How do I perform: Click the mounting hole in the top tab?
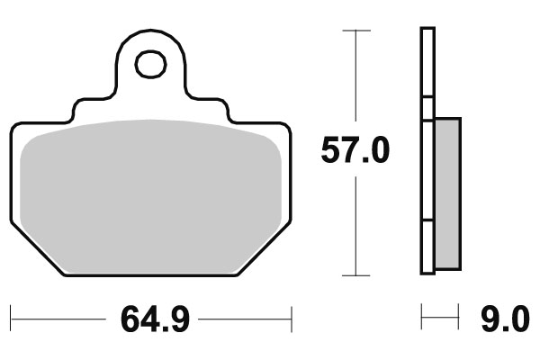coord(151,65)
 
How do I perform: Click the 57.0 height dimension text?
coord(355,150)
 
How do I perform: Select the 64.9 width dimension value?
coord(153,319)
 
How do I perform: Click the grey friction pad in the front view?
coord(151,189)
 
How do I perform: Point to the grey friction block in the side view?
coord(446,193)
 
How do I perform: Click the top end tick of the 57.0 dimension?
coord(356,31)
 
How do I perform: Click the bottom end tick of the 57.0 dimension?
coord(356,274)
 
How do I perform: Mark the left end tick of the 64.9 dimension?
coord(11,318)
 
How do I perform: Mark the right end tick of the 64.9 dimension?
coord(292,318)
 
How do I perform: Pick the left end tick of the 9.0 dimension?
coord(422,318)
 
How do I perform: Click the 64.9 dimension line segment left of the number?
coord(58,318)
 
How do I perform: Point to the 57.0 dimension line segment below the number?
coord(356,225)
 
